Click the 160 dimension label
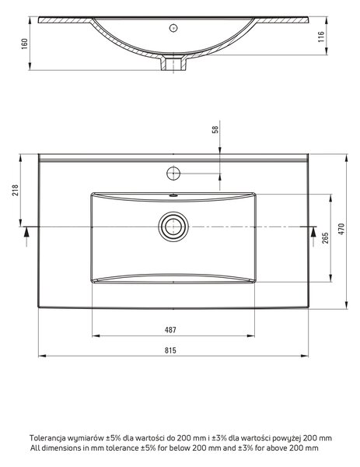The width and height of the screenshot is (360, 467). click(x=25, y=44)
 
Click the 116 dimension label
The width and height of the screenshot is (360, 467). click(x=321, y=37)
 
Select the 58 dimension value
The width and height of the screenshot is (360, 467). click(x=215, y=129)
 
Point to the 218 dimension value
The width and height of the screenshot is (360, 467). click(x=15, y=190)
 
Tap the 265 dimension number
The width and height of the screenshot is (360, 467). click(x=325, y=238)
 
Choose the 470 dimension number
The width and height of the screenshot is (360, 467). click(x=341, y=229)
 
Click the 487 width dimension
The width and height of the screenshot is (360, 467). click(x=170, y=330)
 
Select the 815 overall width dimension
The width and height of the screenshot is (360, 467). click(x=170, y=350)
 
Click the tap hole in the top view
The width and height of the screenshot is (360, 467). click(x=173, y=174)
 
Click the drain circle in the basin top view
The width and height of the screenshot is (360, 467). click(x=173, y=226)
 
